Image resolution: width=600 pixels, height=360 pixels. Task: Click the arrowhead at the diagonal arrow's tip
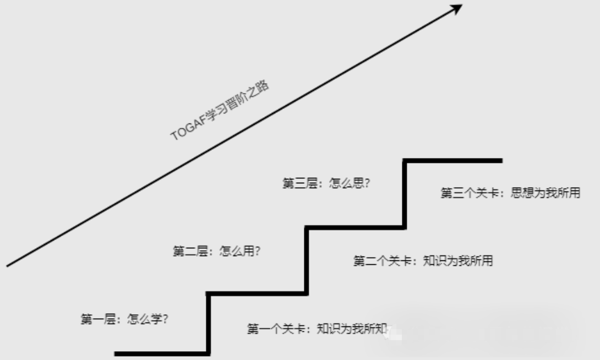tap(456, 8)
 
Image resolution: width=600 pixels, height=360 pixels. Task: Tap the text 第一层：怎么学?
tap(124, 319)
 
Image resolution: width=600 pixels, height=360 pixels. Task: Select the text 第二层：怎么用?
tap(217, 252)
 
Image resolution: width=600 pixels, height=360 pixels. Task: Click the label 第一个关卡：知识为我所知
tap(318, 329)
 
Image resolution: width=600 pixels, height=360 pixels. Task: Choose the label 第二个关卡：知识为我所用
tap(423, 261)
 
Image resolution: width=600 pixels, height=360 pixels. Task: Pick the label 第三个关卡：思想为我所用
tap(510, 193)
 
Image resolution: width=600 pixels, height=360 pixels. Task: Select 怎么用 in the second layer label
tap(240, 252)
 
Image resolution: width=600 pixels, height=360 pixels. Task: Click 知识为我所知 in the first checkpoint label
tap(352, 329)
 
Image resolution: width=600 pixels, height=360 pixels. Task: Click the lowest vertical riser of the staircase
tap(209, 323)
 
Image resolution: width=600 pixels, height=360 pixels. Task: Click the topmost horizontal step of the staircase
tap(453, 161)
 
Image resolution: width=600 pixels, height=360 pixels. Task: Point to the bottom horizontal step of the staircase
tap(161, 353)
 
